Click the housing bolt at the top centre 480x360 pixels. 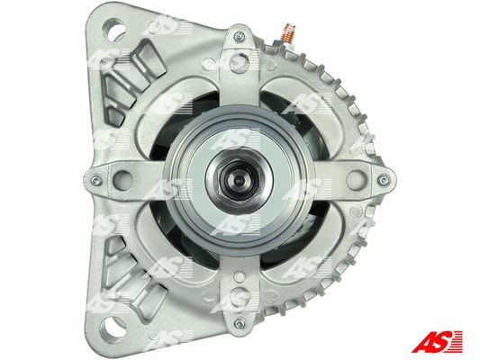(x=238, y=36)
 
